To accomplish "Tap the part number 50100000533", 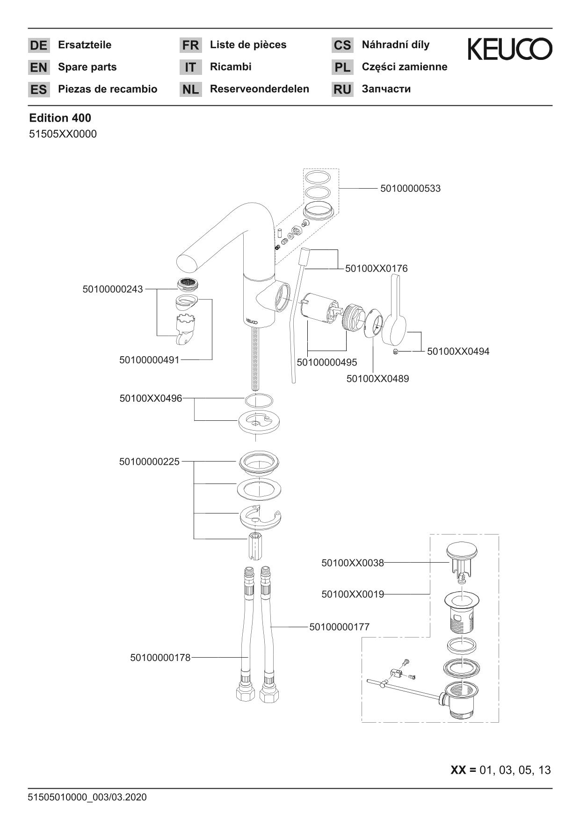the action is [410, 189].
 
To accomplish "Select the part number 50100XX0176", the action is [376, 269].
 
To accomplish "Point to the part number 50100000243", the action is [113, 289].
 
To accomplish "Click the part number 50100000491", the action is [149, 360].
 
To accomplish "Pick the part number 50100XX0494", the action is [458, 352].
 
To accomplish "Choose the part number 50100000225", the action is [149, 462].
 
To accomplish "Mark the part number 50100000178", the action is [160, 658].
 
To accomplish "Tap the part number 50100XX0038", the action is [352, 563].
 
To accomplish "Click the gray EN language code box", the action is [39, 67].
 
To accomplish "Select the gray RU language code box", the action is [342, 89].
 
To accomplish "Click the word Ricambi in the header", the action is [231, 67].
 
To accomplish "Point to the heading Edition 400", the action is [60, 118].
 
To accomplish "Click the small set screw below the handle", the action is [396, 352].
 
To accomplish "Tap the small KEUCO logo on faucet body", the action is [252, 321].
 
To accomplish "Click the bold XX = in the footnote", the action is [463, 770].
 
